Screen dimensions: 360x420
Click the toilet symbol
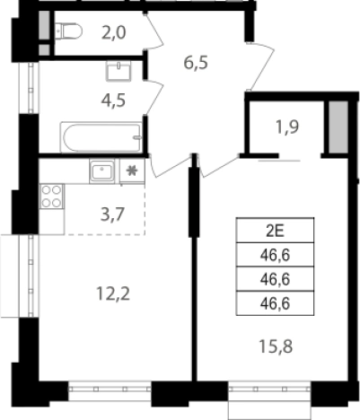pos(68,31)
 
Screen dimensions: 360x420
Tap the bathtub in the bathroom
pos(101,137)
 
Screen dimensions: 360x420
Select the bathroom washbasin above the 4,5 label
pos(119,71)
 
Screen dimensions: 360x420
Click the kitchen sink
pos(102,171)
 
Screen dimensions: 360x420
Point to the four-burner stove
pos(51,197)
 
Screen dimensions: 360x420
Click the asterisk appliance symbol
pos(132,171)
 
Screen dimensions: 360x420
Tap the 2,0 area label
pos(113,32)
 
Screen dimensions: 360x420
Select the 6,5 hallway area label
pos(196,63)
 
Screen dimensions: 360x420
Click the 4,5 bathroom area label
pos(113,101)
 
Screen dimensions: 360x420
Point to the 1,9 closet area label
pos(286,127)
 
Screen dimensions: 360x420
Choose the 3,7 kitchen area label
pos(112,214)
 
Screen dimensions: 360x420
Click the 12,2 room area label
pos(113,293)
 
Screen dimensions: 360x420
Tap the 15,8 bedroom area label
pos(276,347)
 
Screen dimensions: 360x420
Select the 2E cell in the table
pos(275,231)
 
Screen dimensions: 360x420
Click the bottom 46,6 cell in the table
pos(275,303)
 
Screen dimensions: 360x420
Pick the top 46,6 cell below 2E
pos(275,255)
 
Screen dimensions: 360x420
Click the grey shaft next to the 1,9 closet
pos(338,127)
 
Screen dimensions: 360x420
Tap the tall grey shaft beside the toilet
pos(44,25)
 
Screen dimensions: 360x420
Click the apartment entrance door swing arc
pos(263,66)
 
